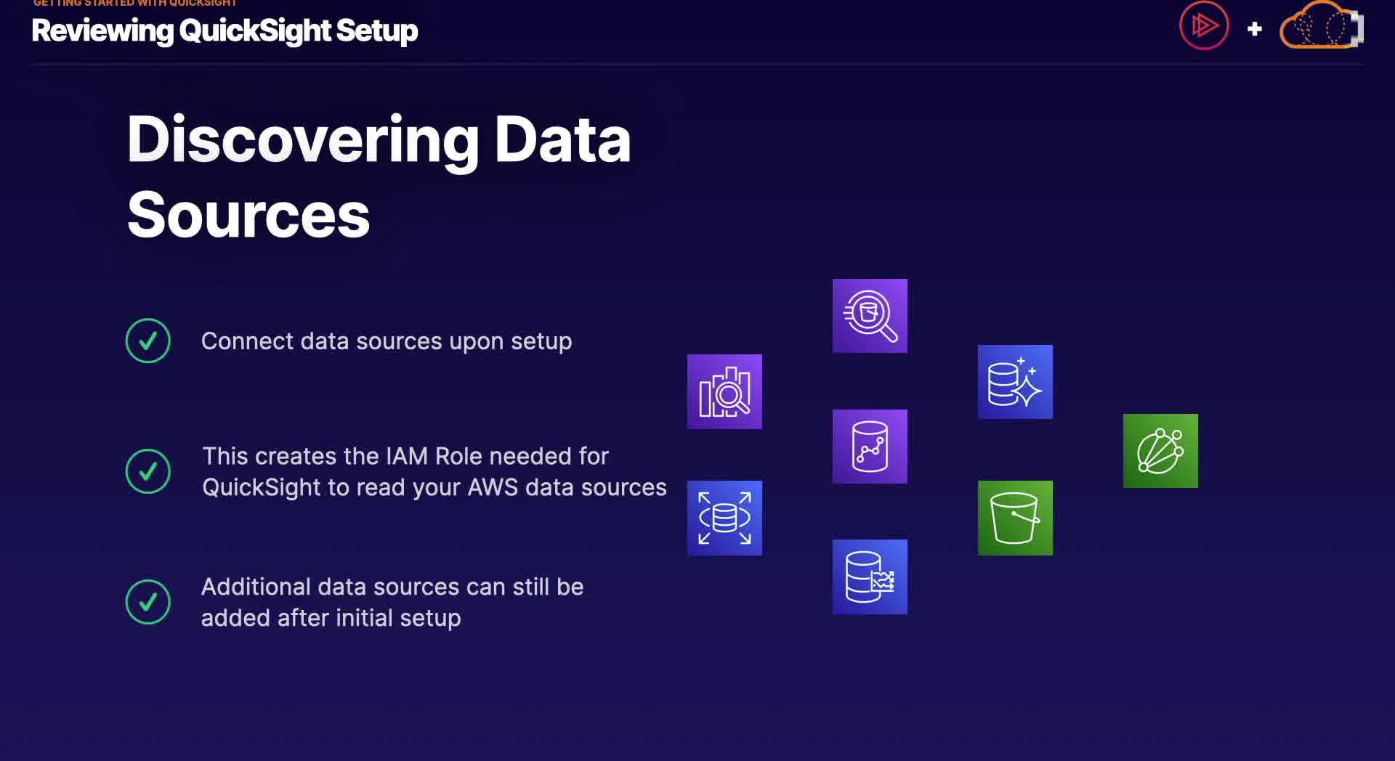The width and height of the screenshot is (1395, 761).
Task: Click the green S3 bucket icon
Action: pyautogui.click(x=1015, y=518)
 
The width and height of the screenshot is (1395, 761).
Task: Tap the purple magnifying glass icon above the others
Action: pyautogui.click(x=870, y=316)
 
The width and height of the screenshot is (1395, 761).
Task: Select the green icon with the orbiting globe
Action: pyautogui.click(x=1160, y=451)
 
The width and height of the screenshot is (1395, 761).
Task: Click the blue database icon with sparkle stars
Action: pyautogui.click(x=1015, y=382)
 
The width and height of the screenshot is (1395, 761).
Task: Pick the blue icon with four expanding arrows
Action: pyautogui.click(x=724, y=518)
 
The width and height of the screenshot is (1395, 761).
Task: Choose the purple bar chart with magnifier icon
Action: pyautogui.click(x=724, y=391)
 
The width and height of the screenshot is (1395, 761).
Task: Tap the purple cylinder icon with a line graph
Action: pyautogui.click(x=870, y=447)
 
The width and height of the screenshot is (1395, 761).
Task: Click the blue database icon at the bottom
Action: pyautogui.click(x=870, y=577)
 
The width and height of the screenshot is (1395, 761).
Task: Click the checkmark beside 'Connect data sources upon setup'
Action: pyautogui.click(x=148, y=341)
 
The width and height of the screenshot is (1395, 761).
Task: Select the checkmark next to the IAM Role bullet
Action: pyautogui.click(x=148, y=471)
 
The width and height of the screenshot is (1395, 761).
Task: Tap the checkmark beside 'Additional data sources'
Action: pyautogui.click(x=148, y=602)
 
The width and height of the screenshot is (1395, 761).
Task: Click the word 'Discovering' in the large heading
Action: pyautogui.click(x=302, y=140)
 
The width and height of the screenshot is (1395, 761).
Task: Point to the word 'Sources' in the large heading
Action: pyautogui.click(x=248, y=216)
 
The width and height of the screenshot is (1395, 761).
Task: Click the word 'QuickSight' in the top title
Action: pyautogui.click(x=255, y=30)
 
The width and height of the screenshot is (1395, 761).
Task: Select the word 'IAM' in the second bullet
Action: pyautogui.click(x=406, y=456)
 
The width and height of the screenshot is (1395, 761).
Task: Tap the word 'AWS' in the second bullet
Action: pyautogui.click(x=493, y=487)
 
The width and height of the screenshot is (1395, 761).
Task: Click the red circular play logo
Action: pyautogui.click(x=1203, y=26)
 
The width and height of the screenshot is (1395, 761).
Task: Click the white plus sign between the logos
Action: pyautogui.click(x=1254, y=29)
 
